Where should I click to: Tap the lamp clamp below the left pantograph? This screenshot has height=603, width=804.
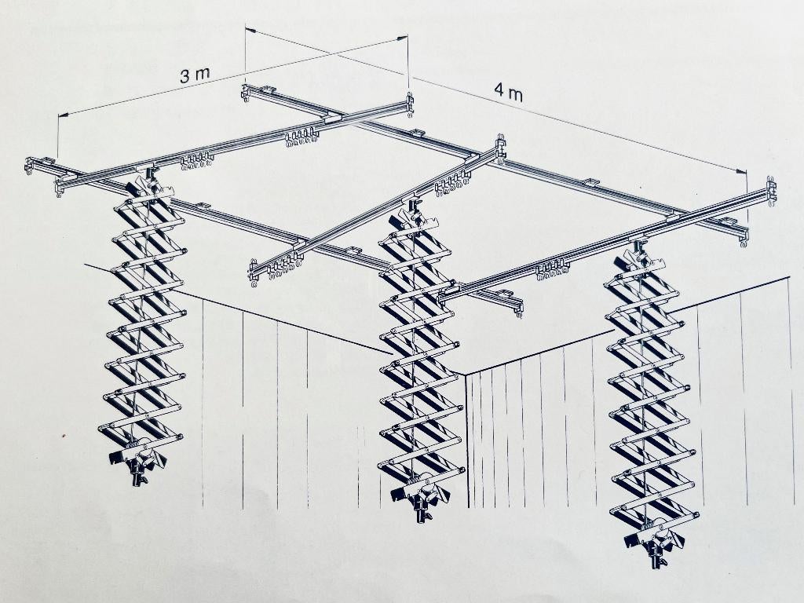pos(137,463)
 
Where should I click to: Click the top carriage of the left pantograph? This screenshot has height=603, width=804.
pos(148,184)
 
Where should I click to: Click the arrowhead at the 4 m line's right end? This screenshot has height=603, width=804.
pos(741,172)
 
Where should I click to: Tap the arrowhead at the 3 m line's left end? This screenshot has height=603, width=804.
pos(64,114)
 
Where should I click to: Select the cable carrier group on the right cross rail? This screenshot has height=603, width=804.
pos(552,270)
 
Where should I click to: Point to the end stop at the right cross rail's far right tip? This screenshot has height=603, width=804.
pos(771,192)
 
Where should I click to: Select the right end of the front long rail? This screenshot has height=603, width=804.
pos(518,307)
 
